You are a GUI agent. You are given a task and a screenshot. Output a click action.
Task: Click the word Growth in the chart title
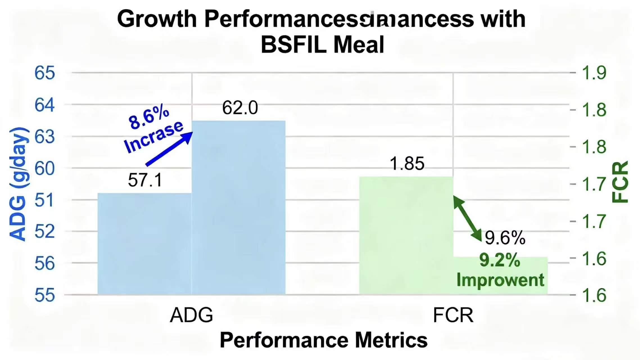pos(157,19)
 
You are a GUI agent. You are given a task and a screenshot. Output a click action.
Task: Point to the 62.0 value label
pos(240,108)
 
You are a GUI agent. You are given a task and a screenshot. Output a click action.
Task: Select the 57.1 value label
pos(145,180)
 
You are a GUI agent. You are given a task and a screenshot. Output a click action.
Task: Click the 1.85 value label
pos(407,163)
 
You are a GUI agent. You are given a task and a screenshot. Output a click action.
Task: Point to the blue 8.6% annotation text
pos(149,118)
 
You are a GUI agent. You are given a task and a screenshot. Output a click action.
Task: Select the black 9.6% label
pos(505,238)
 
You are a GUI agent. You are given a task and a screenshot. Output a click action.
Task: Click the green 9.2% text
pos(499,260)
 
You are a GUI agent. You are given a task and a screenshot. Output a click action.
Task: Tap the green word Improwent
pos(500,280)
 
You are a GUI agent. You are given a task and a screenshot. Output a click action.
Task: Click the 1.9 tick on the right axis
pos(594,73)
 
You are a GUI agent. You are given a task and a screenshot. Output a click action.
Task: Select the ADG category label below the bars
pos(191,315)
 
